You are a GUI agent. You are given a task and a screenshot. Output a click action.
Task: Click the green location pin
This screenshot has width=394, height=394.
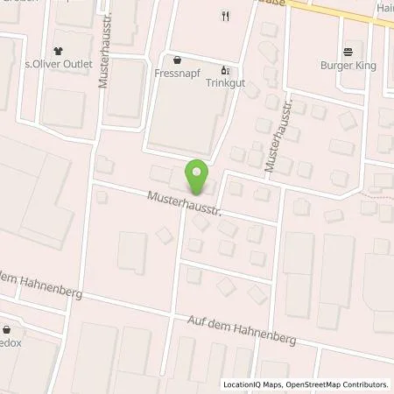(x=197, y=175)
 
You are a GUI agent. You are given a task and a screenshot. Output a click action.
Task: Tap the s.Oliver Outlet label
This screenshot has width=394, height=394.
(x=58, y=63)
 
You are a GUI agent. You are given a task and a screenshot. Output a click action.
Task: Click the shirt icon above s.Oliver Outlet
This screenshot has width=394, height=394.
(x=58, y=50)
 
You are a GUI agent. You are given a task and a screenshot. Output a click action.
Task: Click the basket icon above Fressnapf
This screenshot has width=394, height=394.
(x=179, y=61)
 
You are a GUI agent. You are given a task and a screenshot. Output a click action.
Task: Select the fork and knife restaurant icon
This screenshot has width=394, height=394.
(x=225, y=15)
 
